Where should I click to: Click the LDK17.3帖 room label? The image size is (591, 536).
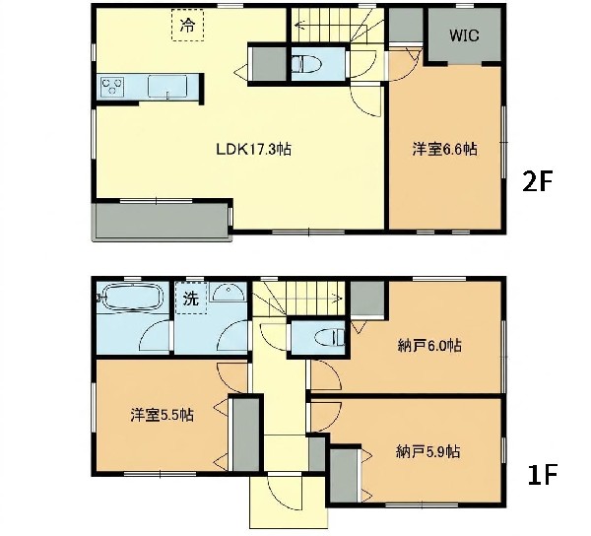[253, 149]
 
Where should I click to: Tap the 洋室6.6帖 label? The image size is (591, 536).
[445, 149]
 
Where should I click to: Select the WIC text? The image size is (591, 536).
[464, 35]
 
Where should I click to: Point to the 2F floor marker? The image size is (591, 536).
[537, 181]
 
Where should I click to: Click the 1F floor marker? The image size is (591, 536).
[542, 475]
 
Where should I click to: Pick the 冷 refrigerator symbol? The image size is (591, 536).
[188, 25]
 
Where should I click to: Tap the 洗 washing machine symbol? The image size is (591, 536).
[191, 299]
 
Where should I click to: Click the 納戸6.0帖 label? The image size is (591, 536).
[429, 345]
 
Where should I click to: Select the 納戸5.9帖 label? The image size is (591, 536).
[427, 451]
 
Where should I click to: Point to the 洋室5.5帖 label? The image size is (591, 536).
[163, 415]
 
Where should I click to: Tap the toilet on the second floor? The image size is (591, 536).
[306, 64]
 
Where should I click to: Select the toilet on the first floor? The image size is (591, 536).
[330, 337]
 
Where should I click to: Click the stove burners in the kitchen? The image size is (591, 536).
[112, 86]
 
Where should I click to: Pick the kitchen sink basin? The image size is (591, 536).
[167, 87]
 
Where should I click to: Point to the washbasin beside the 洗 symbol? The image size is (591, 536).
[228, 292]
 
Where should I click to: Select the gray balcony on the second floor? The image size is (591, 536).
[162, 221]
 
